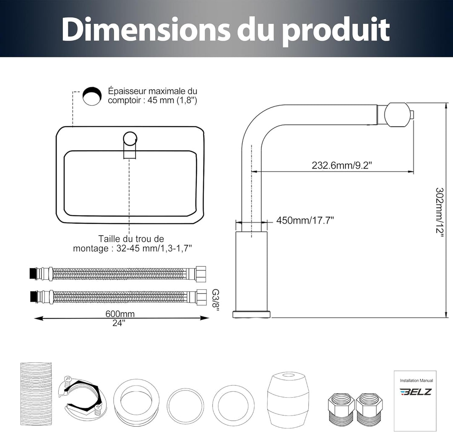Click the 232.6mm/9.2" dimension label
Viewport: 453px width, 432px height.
(x=341, y=165)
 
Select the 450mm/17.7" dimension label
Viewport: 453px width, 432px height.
(x=305, y=221)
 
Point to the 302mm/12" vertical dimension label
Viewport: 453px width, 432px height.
(x=440, y=212)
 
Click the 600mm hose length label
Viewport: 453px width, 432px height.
(x=120, y=313)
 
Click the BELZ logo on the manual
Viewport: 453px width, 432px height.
(x=416, y=392)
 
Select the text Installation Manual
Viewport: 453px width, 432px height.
(x=417, y=380)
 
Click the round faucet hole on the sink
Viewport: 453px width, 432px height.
(x=130, y=138)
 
